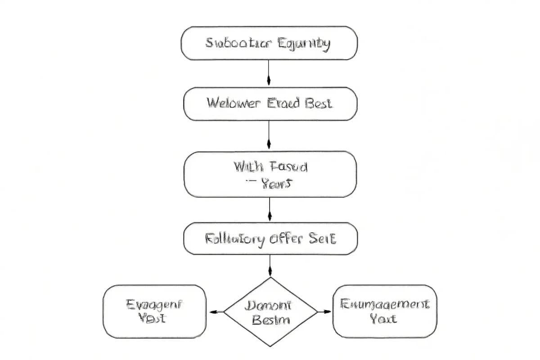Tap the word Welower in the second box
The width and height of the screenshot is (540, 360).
[x=233, y=103]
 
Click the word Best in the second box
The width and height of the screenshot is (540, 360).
[x=319, y=103]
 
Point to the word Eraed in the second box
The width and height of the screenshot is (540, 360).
[x=283, y=103]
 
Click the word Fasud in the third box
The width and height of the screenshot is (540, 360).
[x=289, y=167]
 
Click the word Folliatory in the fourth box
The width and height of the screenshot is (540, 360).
[x=234, y=238]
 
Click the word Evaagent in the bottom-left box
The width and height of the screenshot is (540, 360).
[x=154, y=305]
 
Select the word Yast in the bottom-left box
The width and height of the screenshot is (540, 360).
[x=152, y=318]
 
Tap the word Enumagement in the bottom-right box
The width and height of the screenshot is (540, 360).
[x=385, y=304]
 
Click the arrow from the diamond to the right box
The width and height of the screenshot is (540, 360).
[x=324, y=311]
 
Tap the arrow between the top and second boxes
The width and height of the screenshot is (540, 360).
[x=269, y=73]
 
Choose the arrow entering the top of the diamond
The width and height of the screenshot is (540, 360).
[x=270, y=265]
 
